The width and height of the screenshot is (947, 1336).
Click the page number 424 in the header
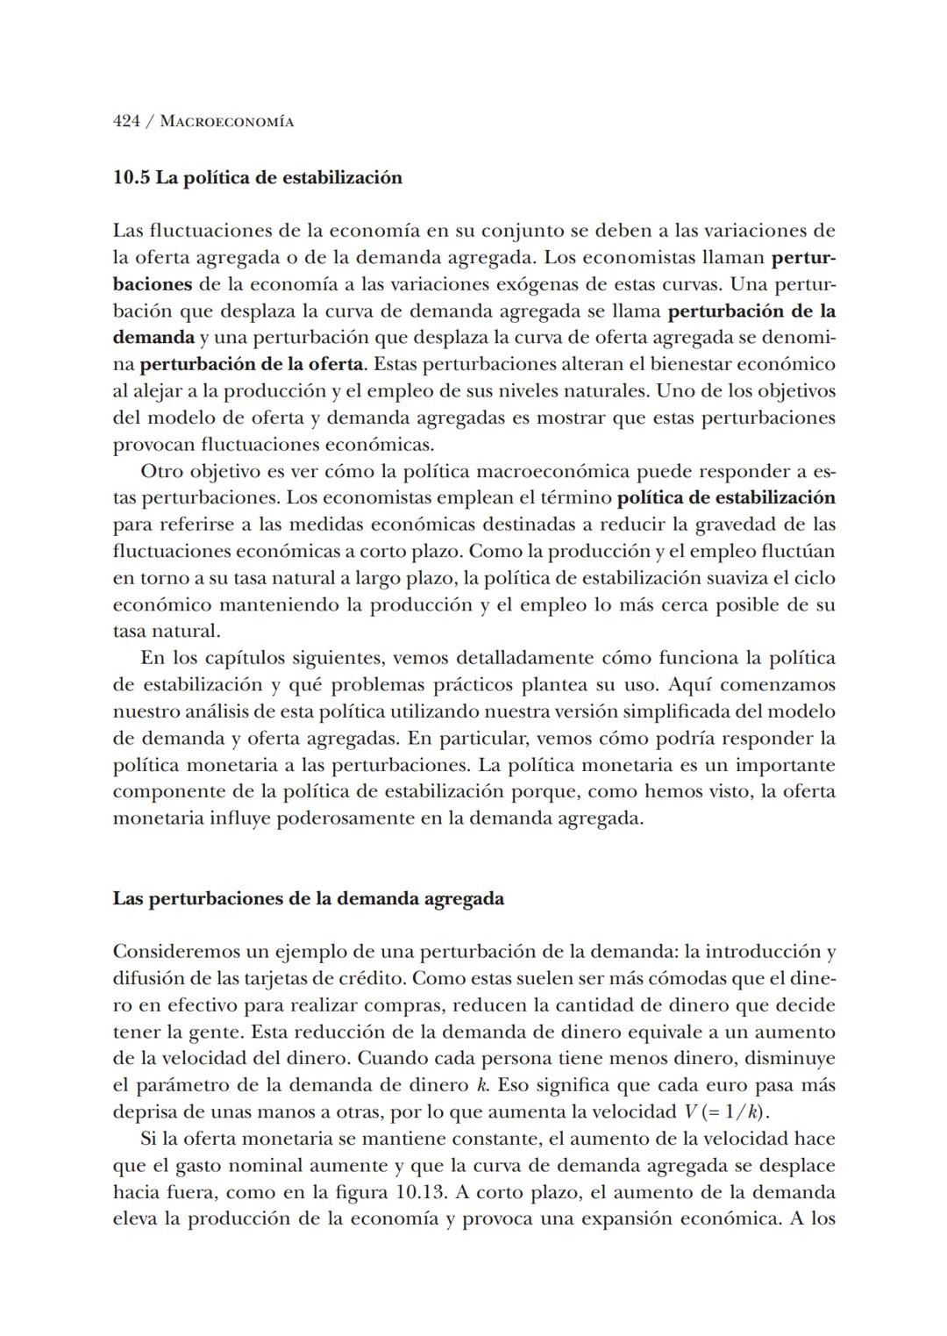point(126,122)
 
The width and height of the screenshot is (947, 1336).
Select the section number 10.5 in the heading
point(132,178)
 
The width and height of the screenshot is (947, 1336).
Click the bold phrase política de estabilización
point(726,498)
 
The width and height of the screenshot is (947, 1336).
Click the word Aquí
point(690,684)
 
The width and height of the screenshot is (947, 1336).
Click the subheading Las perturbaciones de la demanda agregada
point(308,899)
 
